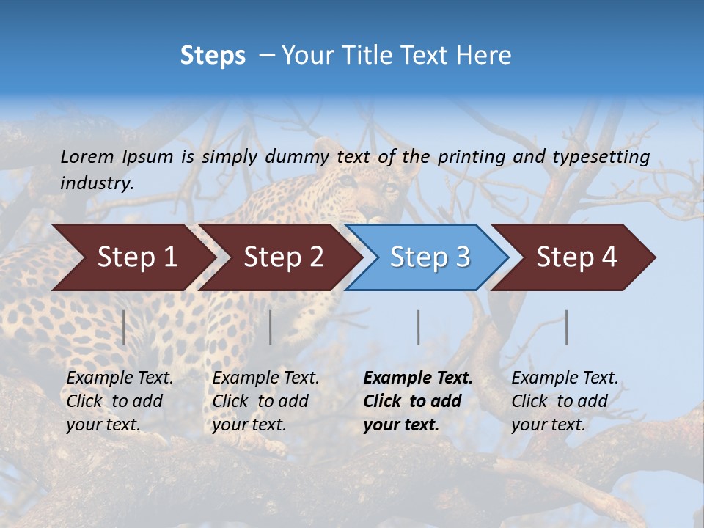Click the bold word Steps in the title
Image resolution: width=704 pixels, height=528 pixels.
coord(213,56)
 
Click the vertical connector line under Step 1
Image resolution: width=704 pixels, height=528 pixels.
coord(124,327)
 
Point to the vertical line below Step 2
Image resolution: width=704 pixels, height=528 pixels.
coord(271,327)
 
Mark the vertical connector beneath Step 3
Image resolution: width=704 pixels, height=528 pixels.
coord(418,327)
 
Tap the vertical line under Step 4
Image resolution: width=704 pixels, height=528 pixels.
coord(566,327)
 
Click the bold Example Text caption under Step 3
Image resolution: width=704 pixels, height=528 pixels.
coord(418,401)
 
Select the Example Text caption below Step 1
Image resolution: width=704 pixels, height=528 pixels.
coord(120,401)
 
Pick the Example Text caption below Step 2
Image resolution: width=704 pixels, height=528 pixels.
coord(265,401)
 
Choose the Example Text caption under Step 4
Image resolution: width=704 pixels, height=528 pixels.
coord(565,401)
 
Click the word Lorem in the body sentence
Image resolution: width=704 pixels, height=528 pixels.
coord(87,157)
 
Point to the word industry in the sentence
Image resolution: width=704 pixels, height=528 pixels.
coord(96,183)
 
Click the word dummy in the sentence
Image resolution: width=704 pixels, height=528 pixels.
coord(296,157)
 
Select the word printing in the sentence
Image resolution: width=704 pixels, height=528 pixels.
coord(469,157)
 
